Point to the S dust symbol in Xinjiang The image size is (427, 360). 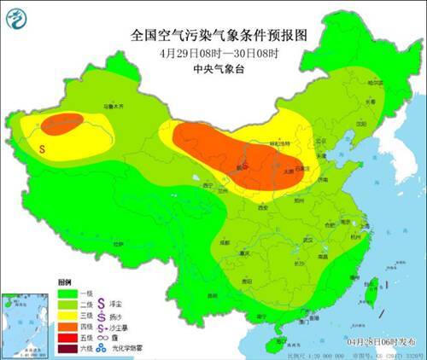point(42,148)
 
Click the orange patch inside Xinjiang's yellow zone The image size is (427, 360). point(63,125)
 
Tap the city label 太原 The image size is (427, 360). point(289,171)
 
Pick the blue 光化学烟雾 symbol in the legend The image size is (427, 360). point(106,349)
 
